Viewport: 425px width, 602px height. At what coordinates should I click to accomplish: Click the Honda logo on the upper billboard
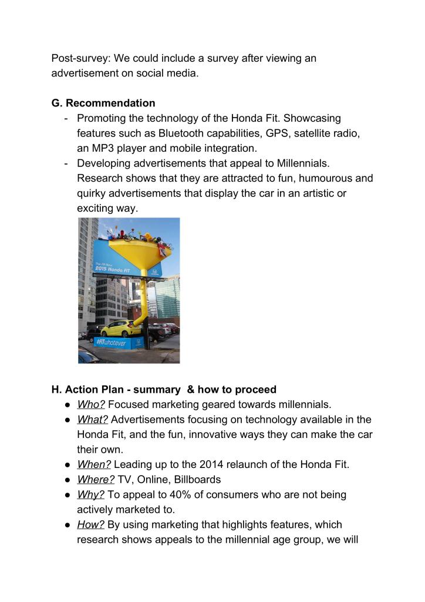pyautogui.click(x=154, y=272)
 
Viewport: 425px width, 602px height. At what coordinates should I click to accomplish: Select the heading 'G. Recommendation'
pyautogui.click(x=103, y=103)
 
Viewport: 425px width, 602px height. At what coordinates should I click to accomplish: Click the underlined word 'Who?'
pyautogui.click(x=91, y=404)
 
